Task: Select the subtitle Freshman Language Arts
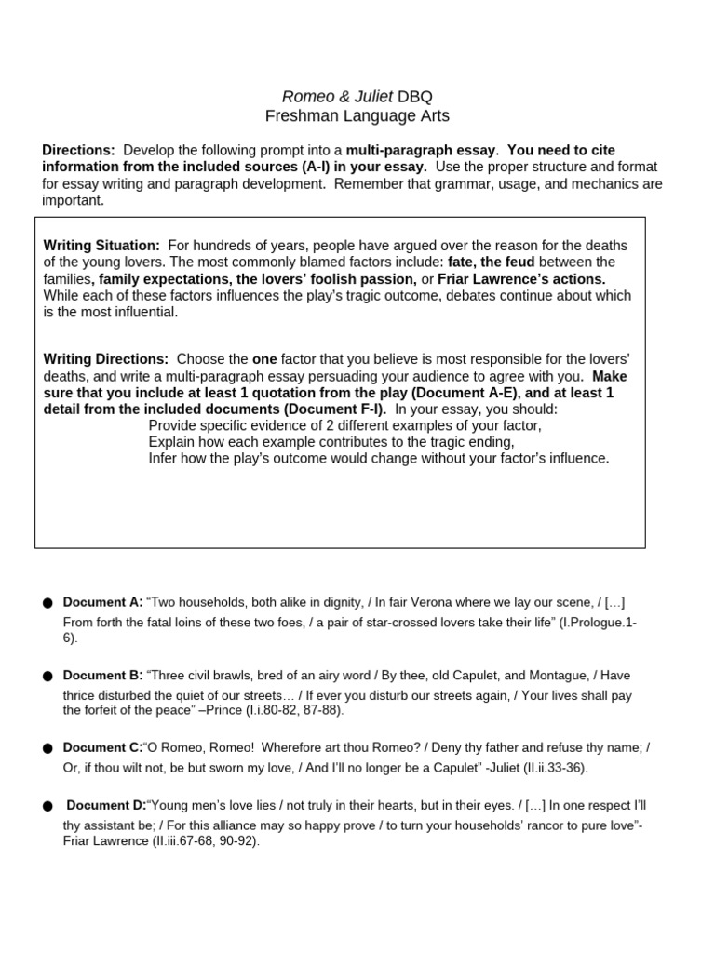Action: (x=357, y=116)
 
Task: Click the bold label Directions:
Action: (x=79, y=150)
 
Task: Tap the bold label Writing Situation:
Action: (x=101, y=245)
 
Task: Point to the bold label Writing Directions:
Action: (x=106, y=358)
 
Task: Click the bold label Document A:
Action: (x=102, y=602)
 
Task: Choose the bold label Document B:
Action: (x=102, y=675)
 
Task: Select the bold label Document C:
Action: (x=102, y=747)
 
